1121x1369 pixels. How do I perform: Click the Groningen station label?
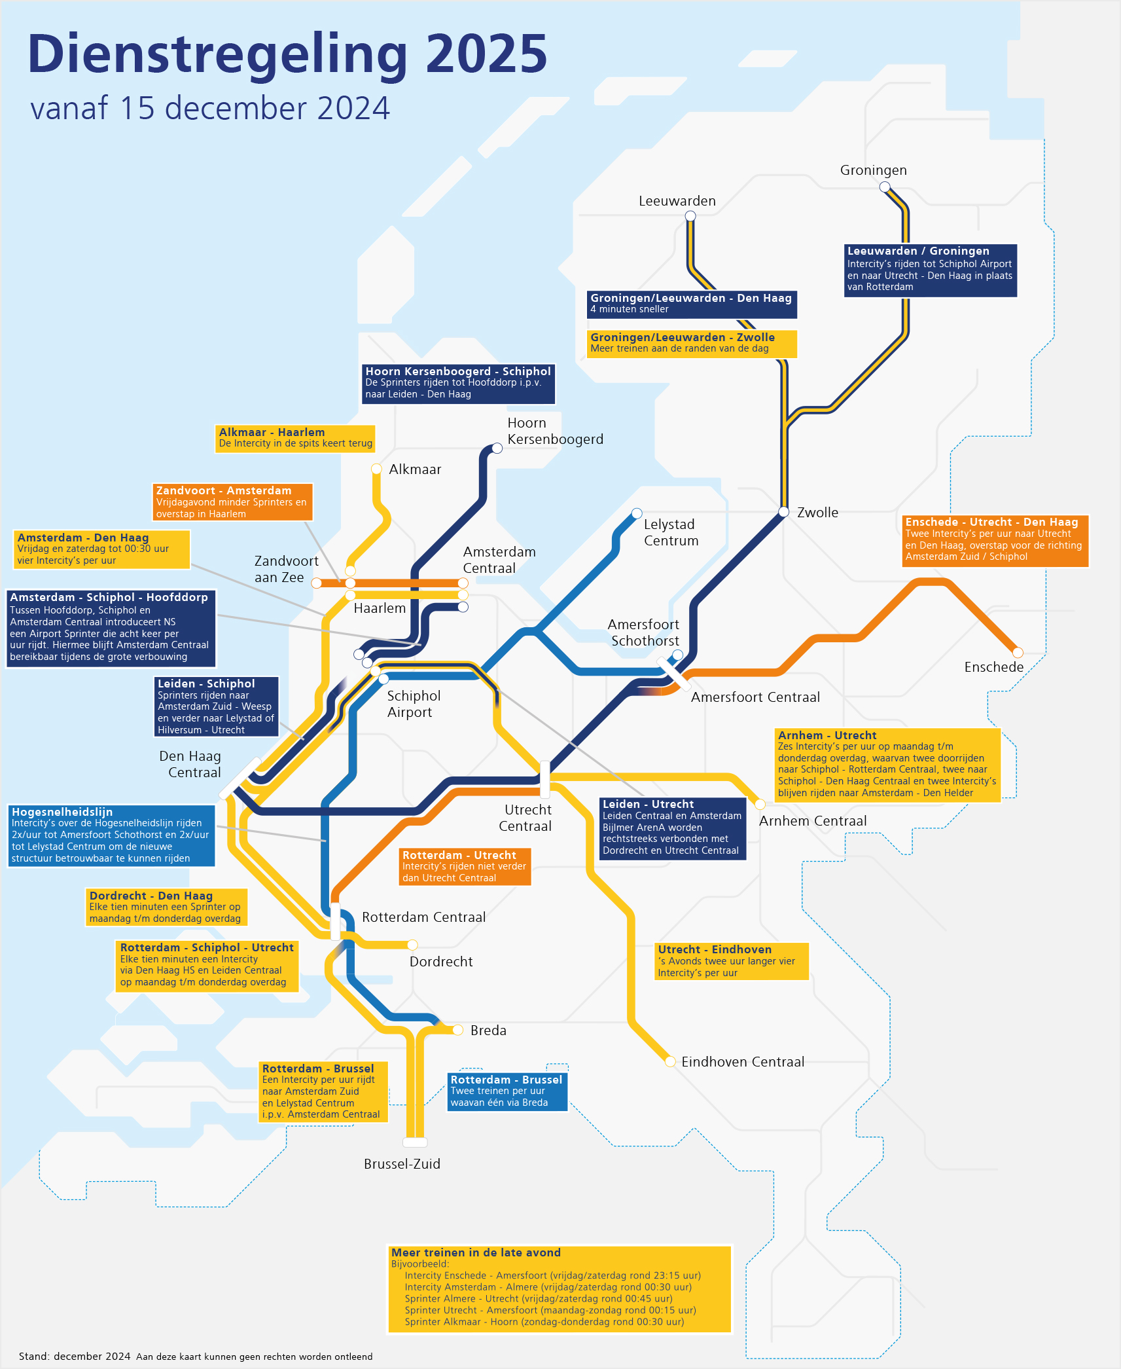pyautogui.click(x=873, y=170)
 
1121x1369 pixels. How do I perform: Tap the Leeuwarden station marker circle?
pyautogui.click(x=690, y=217)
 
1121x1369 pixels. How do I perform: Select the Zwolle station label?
pyautogui.click(x=817, y=513)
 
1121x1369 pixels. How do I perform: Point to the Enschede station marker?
pyautogui.click(x=1018, y=652)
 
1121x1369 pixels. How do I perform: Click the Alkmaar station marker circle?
pyautogui.click(x=376, y=469)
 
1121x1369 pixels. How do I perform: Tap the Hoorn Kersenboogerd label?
pyautogui.click(x=555, y=431)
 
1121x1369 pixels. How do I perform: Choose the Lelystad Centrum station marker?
pyautogui.click(x=637, y=513)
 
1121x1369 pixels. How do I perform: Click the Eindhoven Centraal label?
pyautogui.click(x=743, y=1062)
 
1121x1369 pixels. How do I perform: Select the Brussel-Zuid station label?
pyautogui.click(x=402, y=1164)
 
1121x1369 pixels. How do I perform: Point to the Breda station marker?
pyautogui.click(x=458, y=1030)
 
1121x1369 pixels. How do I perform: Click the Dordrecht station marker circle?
pyautogui.click(x=412, y=945)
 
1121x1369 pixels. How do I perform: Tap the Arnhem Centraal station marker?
pyautogui.click(x=760, y=805)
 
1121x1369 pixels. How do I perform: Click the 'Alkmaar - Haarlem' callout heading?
pyautogui.click(x=272, y=432)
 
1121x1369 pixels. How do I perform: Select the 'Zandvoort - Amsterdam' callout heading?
pyautogui.click(x=224, y=490)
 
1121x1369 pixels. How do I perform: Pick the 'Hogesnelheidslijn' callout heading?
pyautogui.click(x=62, y=812)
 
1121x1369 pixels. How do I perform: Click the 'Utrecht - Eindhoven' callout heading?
pyautogui.click(x=715, y=949)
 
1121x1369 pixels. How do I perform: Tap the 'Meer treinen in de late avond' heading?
pyautogui.click(x=476, y=1252)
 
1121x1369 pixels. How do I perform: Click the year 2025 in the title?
pyautogui.click(x=486, y=54)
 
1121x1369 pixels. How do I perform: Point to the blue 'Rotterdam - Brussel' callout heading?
pyautogui.click(x=506, y=1080)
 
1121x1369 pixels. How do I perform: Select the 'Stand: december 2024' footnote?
pyautogui.click(x=75, y=1356)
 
